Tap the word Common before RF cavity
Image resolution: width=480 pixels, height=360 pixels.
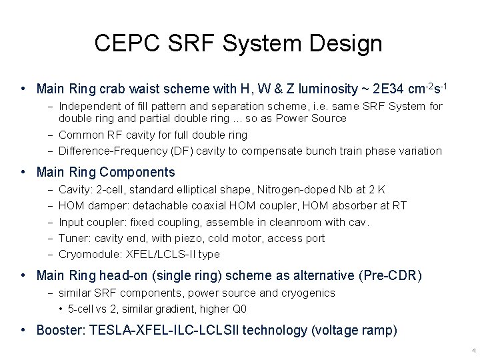pyautogui.click(x=79, y=135)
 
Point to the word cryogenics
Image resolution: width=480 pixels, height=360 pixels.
pyautogui.click(x=312, y=293)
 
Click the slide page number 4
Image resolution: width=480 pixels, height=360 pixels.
pyautogui.click(x=472, y=351)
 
